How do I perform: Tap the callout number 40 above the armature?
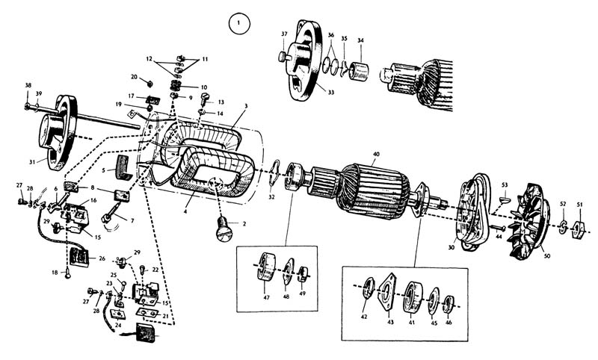(375, 154)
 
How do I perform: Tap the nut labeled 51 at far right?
(577, 228)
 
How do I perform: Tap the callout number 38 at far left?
(28, 85)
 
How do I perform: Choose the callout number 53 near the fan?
(505, 184)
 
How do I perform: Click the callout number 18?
(55, 273)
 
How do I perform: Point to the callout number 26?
(102, 258)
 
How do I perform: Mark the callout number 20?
(135, 77)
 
